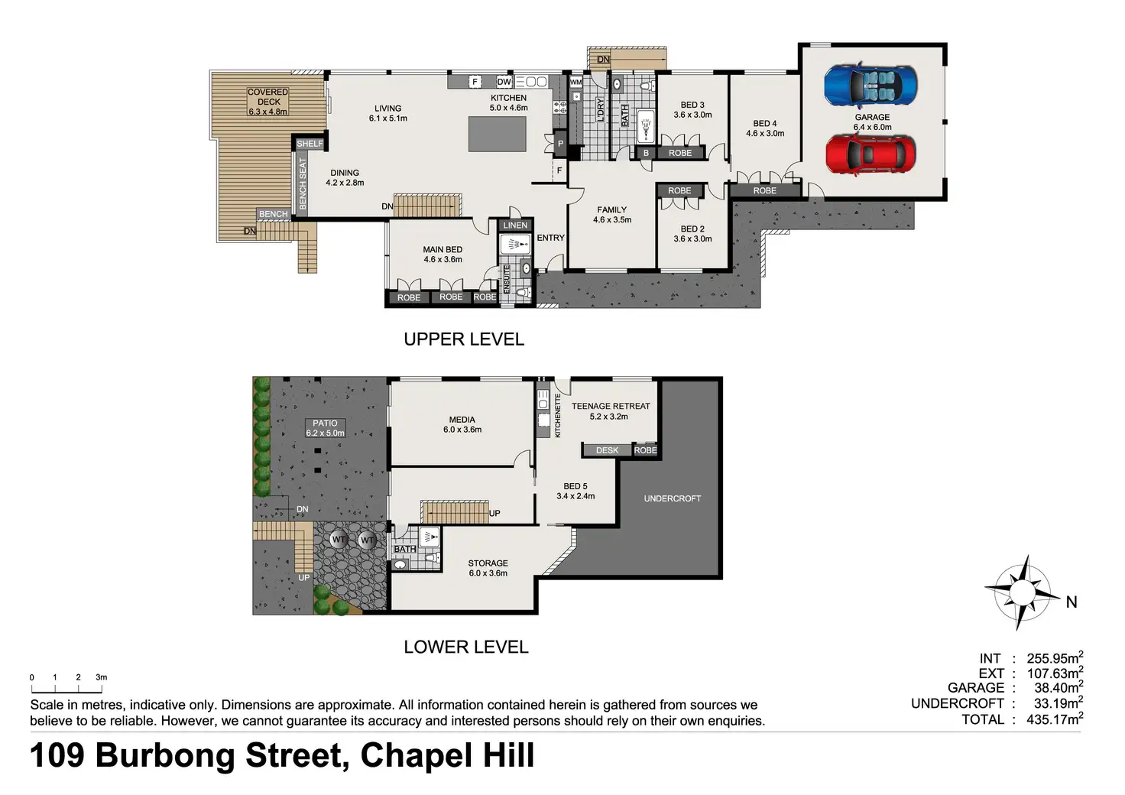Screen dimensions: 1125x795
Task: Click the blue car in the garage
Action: click(x=870, y=86)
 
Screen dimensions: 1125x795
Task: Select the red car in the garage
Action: click(x=870, y=154)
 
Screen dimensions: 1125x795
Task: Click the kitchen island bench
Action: click(x=498, y=134)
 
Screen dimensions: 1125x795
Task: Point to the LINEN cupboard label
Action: click(x=515, y=226)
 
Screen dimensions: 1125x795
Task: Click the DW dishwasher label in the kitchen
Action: click(x=504, y=82)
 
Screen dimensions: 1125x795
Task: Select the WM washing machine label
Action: click(x=576, y=82)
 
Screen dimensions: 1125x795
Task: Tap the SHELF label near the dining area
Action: click(x=310, y=144)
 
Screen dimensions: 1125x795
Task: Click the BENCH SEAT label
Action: click(x=303, y=183)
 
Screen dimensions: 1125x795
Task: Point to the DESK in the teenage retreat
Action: click(x=607, y=450)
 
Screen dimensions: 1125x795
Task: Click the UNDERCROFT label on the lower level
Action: click(x=673, y=498)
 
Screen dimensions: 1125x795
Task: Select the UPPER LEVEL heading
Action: click(x=464, y=339)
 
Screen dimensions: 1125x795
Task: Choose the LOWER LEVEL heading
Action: click(x=466, y=647)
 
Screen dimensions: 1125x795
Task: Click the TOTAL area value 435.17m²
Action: click(x=1055, y=719)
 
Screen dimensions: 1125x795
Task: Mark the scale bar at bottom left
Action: click(x=66, y=689)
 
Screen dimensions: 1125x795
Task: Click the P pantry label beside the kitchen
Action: click(x=560, y=144)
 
